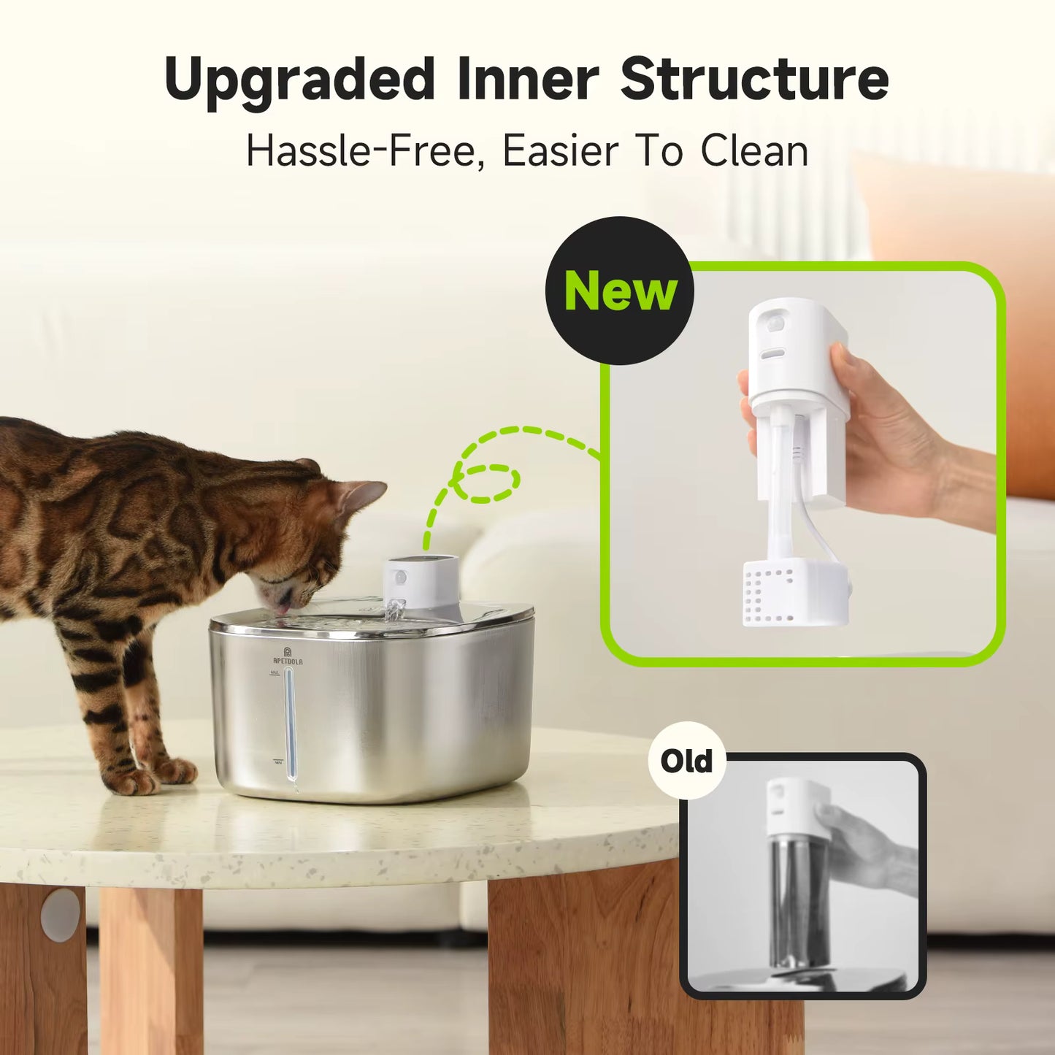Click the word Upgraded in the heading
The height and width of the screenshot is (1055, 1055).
coord(299,79)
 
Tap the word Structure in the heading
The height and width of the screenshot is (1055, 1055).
coord(754,79)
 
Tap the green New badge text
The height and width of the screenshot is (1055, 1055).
coord(621,291)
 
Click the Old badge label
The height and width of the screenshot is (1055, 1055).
coord(686,761)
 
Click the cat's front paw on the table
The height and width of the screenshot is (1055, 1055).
coord(131,780)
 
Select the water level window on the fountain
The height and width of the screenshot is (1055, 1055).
coord(291,723)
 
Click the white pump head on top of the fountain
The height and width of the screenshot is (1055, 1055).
coord(422,580)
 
